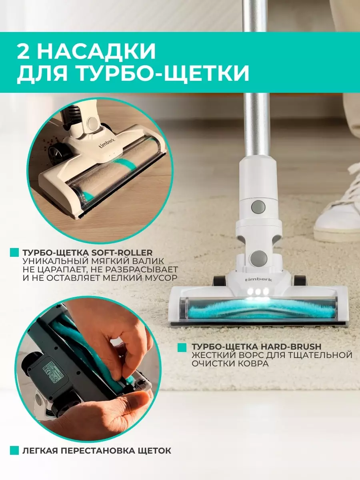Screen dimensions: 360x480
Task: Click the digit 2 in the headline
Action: pos(24,51)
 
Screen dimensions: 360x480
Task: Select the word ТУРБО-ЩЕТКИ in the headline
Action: pos(164,73)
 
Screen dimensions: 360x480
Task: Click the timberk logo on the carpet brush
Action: pos(258,280)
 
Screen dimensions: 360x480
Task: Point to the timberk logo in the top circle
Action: pos(107,142)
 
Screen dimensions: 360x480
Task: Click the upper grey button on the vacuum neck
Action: pos(258,207)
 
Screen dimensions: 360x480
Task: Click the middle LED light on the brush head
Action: pos(258,292)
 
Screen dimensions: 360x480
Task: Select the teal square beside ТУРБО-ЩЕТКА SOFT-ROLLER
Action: pos(14,252)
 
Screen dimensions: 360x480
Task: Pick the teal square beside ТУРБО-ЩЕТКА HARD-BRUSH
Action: pos(182,348)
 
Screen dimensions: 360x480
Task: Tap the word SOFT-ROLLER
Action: pos(122,252)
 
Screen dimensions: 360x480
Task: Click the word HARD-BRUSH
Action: pos(290,347)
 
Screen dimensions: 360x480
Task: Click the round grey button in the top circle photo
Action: pos(93,123)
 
